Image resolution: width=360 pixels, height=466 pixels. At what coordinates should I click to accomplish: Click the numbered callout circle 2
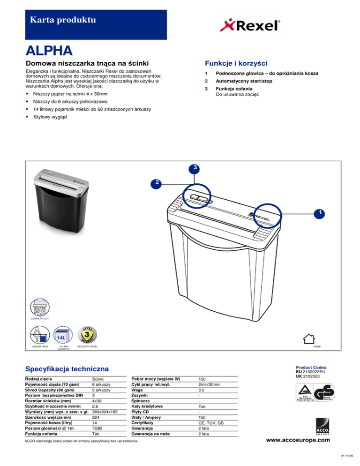point(158,182)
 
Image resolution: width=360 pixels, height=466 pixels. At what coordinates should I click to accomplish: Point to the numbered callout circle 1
point(319,213)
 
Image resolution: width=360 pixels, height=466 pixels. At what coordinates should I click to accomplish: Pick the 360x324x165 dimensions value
point(105,412)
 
